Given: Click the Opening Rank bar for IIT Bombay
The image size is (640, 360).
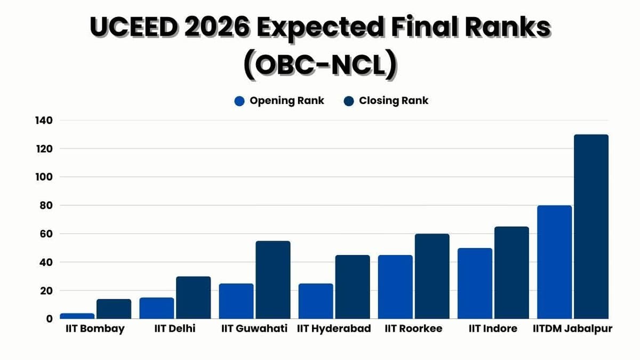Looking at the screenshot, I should (x=77, y=316).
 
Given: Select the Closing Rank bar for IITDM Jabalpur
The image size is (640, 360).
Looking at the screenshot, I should (x=591, y=227).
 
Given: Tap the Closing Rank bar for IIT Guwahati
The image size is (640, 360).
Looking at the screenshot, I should (x=273, y=280).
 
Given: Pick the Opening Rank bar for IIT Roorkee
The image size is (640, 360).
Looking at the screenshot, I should (x=395, y=287).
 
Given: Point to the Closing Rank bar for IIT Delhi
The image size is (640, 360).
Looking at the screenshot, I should (x=194, y=298).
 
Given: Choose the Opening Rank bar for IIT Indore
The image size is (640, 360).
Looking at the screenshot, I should (x=475, y=283).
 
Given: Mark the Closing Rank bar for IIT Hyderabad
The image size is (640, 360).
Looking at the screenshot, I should (x=353, y=287).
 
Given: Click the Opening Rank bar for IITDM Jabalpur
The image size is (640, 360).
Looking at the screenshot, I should (x=554, y=262).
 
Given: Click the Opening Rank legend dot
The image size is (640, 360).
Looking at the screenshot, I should (x=239, y=101).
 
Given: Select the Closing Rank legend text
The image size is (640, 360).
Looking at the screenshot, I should (x=394, y=101).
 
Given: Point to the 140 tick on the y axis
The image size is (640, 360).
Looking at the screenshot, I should (x=44, y=121).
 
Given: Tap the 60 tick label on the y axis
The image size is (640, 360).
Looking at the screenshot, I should (x=46, y=234).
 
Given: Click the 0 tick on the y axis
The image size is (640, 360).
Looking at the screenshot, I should (x=49, y=319).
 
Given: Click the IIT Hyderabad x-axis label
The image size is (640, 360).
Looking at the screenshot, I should (x=334, y=329).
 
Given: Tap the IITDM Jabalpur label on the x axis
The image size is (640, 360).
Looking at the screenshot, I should (x=572, y=329).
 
